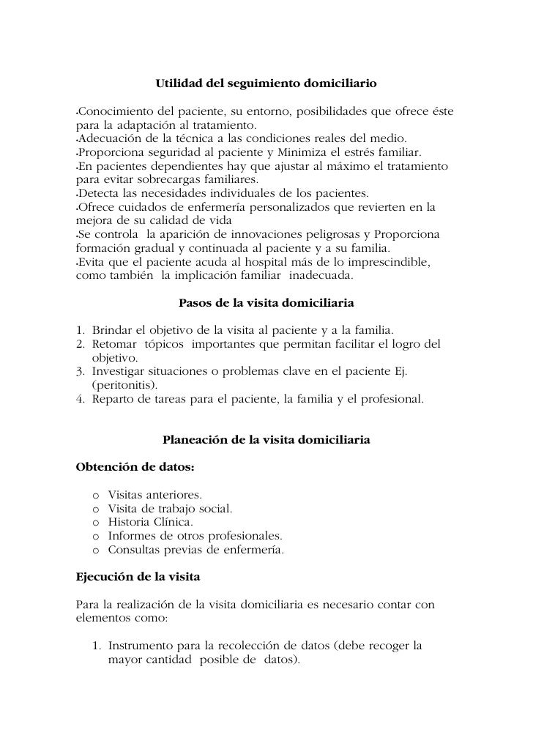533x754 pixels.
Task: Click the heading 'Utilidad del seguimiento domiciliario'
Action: (266, 85)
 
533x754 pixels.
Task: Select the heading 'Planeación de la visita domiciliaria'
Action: (266, 441)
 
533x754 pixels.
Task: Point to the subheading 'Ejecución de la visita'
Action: (138, 577)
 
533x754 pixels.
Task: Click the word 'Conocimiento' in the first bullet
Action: (116, 111)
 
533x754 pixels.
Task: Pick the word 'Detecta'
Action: (100, 194)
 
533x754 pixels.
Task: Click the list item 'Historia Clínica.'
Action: (150, 522)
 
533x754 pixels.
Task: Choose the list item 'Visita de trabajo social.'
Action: (170, 508)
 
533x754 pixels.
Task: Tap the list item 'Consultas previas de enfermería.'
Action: (195, 550)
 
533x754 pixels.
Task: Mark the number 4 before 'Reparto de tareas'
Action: (81, 400)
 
